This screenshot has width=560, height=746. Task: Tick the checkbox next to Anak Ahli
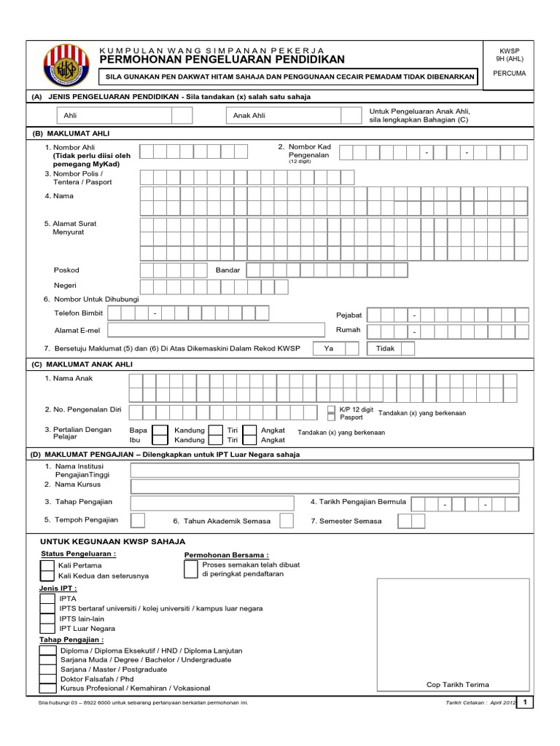(351, 115)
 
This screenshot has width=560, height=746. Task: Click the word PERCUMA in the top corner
(510, 73)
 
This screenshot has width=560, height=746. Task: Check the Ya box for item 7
(351, 348)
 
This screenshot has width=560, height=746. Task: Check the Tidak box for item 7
(408, 348)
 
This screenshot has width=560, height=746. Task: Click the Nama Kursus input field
(324, 486)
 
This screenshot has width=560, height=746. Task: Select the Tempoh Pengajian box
(137, 520)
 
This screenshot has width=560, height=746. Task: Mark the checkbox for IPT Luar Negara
(47, 627)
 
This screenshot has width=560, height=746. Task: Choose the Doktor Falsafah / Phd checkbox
(47, 678)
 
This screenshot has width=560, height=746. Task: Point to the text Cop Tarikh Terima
(458, 684)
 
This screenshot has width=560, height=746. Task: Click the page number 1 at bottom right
(526, 702)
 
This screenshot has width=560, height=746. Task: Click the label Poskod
(66, 270)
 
